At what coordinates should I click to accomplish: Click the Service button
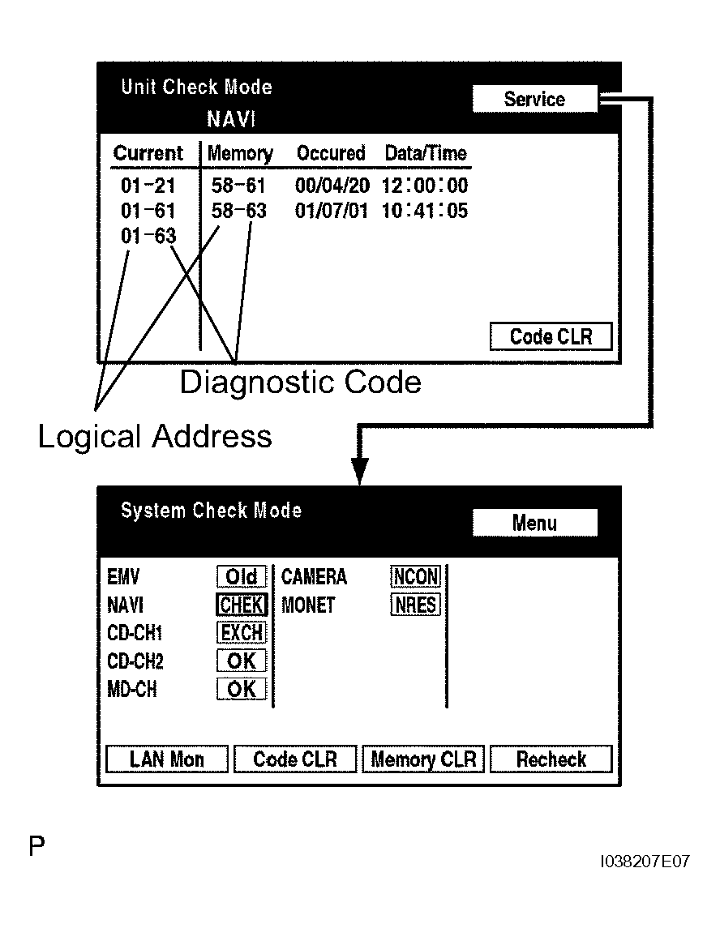coord(534,100)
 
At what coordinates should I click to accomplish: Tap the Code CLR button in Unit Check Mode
coord(551,337)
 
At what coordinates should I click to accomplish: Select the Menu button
coord(534,523)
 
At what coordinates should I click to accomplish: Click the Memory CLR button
coord(423,759)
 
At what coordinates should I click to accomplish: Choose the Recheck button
coord(551,759)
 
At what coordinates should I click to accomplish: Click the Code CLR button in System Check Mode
coord(294,759)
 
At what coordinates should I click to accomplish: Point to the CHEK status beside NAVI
coord(242,605)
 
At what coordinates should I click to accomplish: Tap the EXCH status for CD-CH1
coord(242,633)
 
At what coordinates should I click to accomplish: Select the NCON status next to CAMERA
coord(415,577)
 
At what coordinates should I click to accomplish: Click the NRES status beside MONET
coord(415,605)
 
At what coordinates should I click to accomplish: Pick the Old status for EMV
coord(242,577)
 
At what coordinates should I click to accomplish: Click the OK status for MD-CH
coord(242,690)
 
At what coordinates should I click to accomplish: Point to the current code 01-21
coord(148,186)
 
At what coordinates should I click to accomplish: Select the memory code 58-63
coord(238,212)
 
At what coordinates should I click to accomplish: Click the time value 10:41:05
coord(425,212)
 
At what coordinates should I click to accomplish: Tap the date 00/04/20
coord(332,186)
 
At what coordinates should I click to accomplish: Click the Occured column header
coord(331,153)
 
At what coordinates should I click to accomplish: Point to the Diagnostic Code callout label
coord(300,383)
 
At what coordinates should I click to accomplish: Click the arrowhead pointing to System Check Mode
coord(359,472)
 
